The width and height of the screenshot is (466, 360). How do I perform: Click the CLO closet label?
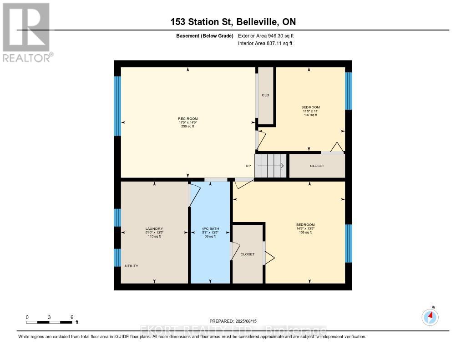(x=265, y=95)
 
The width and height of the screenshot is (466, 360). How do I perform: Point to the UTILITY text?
(x=132, y=266)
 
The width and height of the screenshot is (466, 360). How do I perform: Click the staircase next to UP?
(x=270, y=166)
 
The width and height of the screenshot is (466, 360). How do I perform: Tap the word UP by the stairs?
(x=248, y=166)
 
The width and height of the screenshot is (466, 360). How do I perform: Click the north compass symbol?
(x=430, y=316)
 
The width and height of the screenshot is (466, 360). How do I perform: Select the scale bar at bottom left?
(x=49, y=322)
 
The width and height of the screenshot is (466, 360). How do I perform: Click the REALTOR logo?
(x=26, y=32)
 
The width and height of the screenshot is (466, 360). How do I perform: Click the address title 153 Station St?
(x=233, y=22)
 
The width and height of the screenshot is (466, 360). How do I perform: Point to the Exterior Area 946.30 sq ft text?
(x=269, y=35)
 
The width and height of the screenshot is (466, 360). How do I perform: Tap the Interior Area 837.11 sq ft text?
(x=265, y=43)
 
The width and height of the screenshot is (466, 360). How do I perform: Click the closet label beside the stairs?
(x=317, y=166)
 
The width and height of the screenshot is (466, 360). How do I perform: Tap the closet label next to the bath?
(x=248, y=254)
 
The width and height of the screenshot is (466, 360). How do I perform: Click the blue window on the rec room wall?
(x=117, y=106)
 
